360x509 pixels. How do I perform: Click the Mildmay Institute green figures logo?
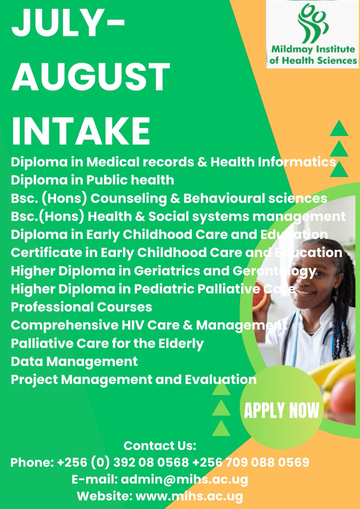click(312, 21)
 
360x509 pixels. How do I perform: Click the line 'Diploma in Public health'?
click(93, 180)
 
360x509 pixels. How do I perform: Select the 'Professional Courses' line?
click(82, 306)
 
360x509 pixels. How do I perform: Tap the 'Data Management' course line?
click(74, 361)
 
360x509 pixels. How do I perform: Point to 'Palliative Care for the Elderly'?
click(107, 343)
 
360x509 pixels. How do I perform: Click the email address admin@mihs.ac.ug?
click(185, 480)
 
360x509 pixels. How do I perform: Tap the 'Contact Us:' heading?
click(160, 446)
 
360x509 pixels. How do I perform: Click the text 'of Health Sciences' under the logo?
click(313, 60)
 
